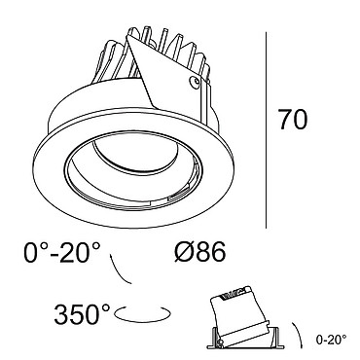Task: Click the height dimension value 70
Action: click(292, 120)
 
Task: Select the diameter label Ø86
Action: click(200, 252)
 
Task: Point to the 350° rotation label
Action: click(83, 314)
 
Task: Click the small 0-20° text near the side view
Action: click(331, 340)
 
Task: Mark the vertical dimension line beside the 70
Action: click(267, 130)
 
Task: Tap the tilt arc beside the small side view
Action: click(299, 335)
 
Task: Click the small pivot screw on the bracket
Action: click(195, 81)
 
